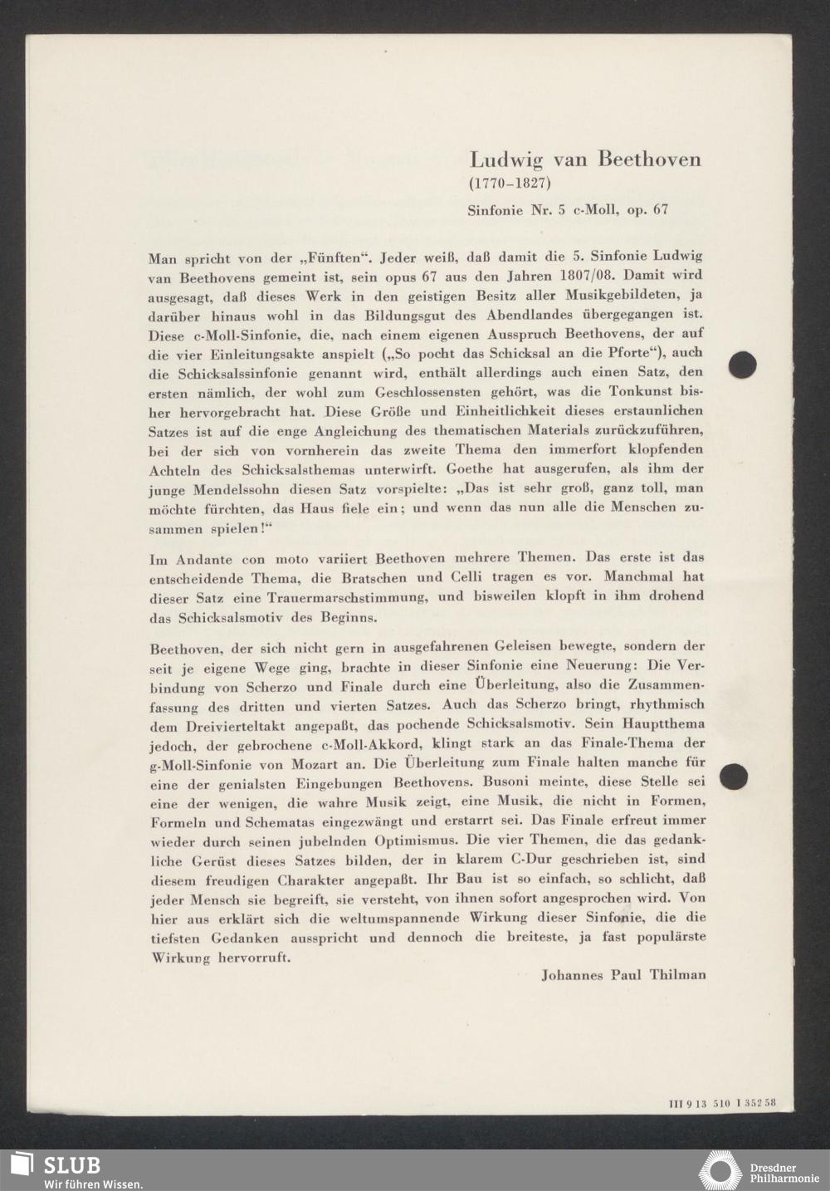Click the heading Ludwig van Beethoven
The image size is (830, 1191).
click(x=585, y=159)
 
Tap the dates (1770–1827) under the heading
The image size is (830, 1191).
click(x=510, y=183)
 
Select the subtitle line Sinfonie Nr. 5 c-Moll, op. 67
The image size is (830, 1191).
click(x=568, y=210)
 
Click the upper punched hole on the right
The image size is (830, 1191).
click(x=742, y=364)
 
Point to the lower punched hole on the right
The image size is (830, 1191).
click(x=733, y=776)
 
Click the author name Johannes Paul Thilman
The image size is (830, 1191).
click(x=623, y=975)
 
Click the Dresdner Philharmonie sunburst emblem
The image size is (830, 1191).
click(x=720, y=1169)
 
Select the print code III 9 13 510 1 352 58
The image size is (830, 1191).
click(x=721, y=1104)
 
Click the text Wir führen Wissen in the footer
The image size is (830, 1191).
click(x=93, y=1184)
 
